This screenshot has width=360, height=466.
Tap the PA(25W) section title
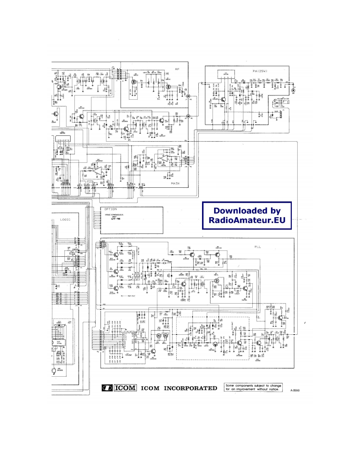[260, 71]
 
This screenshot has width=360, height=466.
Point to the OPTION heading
[111, 209]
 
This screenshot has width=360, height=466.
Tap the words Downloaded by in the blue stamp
[247, 211]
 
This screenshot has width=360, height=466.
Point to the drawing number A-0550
[294, 390]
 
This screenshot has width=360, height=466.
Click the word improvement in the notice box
[249, 390]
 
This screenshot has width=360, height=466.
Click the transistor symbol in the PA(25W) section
[223, 100]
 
